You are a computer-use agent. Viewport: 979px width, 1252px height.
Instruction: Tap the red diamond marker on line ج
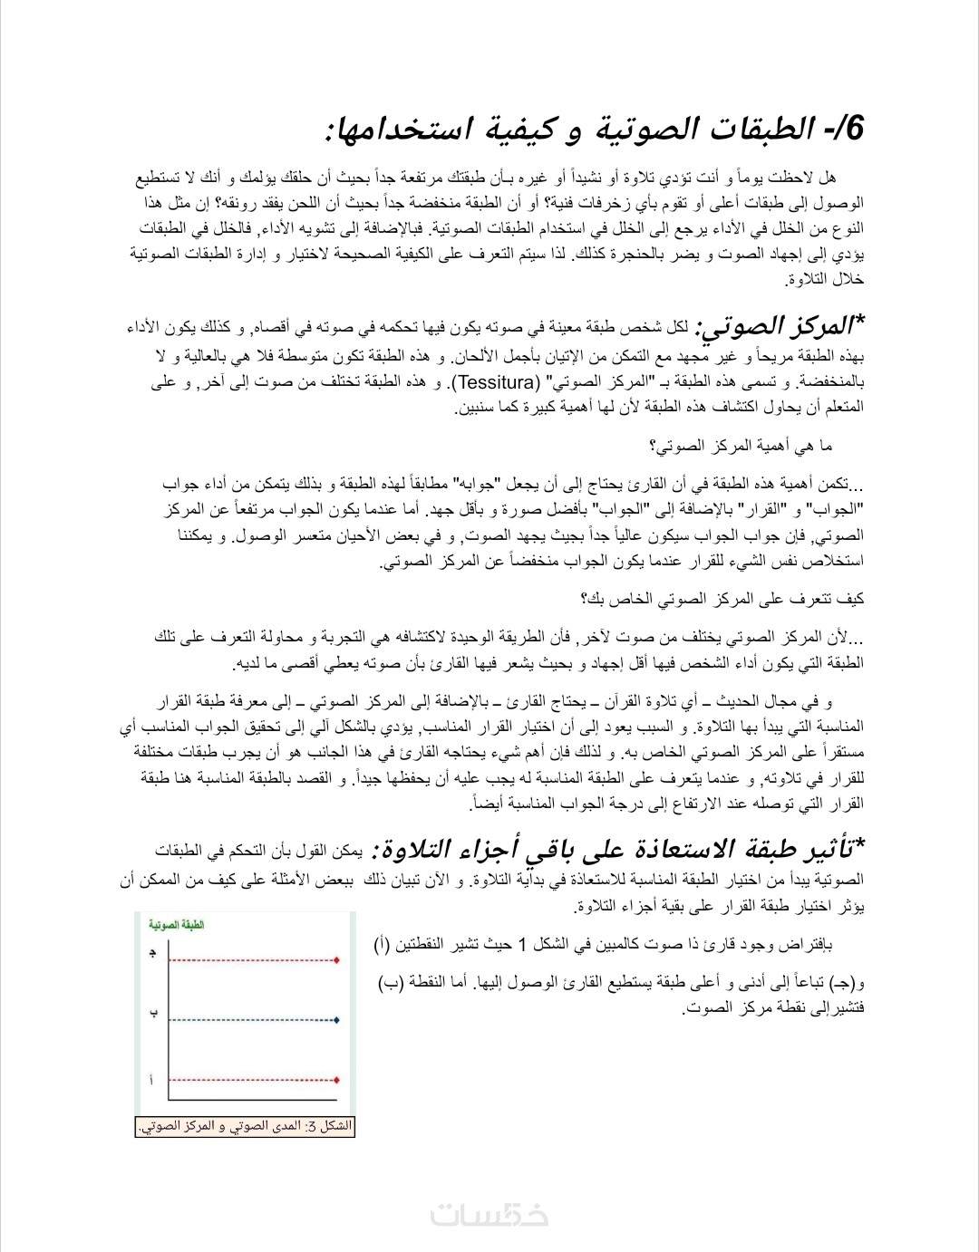click(336, 959)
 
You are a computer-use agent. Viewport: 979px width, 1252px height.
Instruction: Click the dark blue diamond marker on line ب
click(336, 1020)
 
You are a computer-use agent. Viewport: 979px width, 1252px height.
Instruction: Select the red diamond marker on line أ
click(336, 1080)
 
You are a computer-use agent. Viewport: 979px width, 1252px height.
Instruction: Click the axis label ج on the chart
click(152, 953)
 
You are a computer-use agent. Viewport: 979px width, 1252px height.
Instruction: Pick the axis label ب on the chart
click(153, 1014)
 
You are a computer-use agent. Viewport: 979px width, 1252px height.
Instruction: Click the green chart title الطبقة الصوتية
click(177, 925)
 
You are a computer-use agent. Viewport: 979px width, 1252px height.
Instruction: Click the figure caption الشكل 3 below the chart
click(245, 1127)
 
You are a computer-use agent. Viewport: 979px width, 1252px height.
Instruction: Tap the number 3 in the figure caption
click(313, 1127)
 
